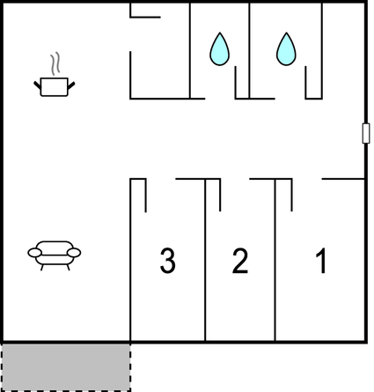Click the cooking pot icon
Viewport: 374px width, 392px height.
55,86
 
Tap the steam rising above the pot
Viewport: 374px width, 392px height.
55,63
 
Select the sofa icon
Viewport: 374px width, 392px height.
55,255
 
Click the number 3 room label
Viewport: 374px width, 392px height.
168,261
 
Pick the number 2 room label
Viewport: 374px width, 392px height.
240,261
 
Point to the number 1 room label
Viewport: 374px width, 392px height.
321,261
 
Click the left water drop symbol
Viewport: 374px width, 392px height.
219,48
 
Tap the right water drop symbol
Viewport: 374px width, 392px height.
286,48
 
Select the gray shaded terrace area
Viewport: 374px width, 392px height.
66,367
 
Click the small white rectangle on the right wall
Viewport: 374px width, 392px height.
366,133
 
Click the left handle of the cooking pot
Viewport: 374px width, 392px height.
37,85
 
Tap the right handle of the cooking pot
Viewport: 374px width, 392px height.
71,85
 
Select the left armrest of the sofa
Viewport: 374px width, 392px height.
34,253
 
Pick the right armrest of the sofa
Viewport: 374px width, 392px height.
74,253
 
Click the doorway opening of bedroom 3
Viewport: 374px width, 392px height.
161,179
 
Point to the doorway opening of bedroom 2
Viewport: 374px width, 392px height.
235,179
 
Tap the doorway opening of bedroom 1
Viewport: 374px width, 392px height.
307,179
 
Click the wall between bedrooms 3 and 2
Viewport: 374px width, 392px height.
205,260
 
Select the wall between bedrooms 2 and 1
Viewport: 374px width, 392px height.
275,260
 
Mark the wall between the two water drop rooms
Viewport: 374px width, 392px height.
249,50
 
